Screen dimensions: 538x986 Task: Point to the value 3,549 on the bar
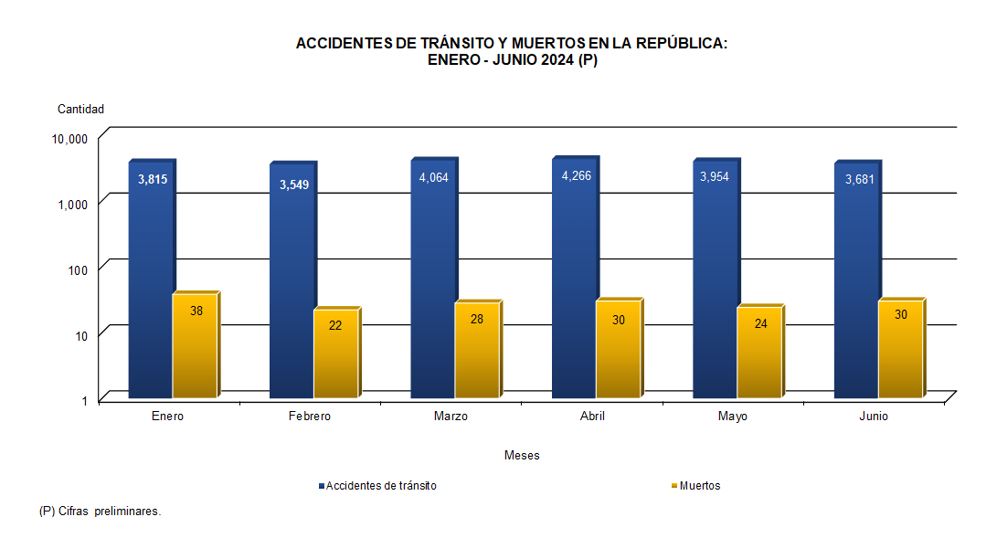[x=293, y=185]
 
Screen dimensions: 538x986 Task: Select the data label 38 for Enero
[x=196, y=311]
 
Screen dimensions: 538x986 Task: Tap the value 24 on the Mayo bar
[x=759, y=322]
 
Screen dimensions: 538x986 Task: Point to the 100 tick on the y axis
[x=78, y=269]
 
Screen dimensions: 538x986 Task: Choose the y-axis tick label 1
[x=83, y=400]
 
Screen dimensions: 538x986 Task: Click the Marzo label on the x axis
[x=451, y=417]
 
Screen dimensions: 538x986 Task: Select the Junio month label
[x=873, y=417]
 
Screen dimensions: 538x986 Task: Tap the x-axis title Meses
[x=521, y=455]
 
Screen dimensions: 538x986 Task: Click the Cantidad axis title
[x=81, y=109]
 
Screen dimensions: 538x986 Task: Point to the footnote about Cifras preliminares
[x=101, y=512]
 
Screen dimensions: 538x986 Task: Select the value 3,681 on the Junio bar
[x=859, y=179]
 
